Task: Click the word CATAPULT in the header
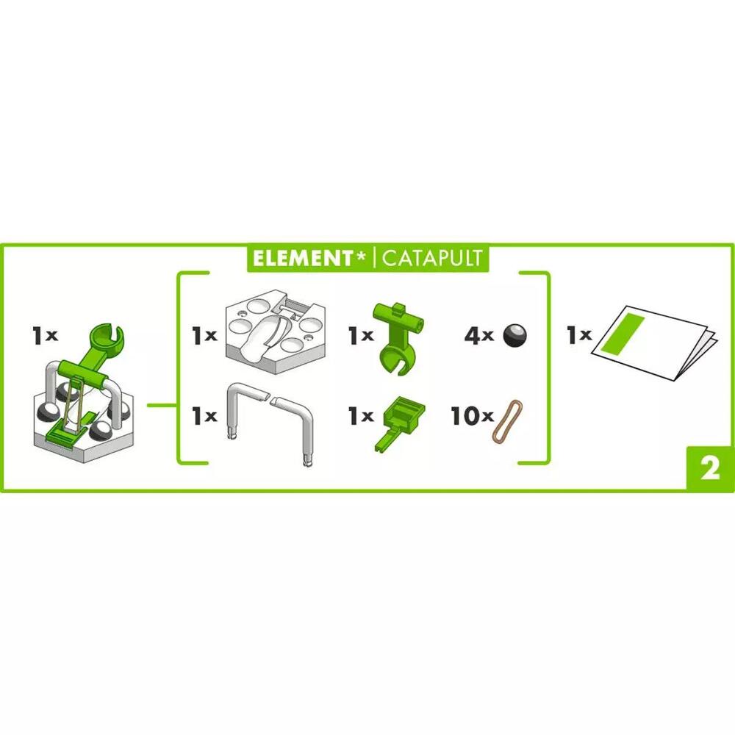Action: (x=431, y=258)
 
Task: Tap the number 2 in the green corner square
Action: (x=710, y=470)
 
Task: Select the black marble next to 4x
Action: (x=514, y=335)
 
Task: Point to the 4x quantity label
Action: (x=478, y=336)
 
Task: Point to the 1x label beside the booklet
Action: (x=578, y=336)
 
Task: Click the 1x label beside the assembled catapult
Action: (x=44, y=336)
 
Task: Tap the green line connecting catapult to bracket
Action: (x=161, y=404)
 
